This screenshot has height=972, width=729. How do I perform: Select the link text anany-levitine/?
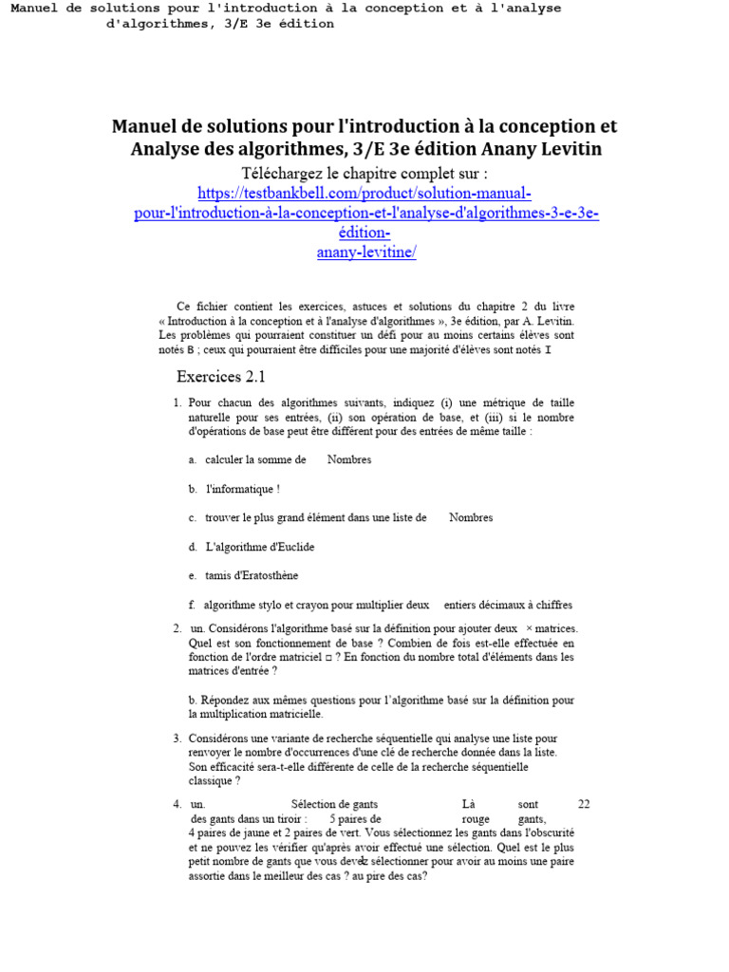[365, 252]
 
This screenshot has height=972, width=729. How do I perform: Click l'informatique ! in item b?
[243, 489]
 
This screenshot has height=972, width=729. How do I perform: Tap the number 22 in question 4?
[584, 804]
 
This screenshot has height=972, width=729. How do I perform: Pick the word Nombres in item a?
[349, 459]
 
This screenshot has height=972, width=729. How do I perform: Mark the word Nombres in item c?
[471, 517]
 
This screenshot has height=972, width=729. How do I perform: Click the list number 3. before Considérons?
[178, 738]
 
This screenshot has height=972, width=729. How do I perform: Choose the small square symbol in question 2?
[327, 656]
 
